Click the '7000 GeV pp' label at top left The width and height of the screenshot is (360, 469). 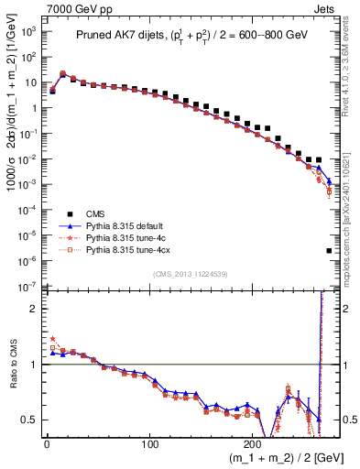[x=37, y=8]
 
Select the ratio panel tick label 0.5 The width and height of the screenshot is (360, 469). [x=29, y=420]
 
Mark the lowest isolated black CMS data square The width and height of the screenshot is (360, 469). [x=329, y=250]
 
